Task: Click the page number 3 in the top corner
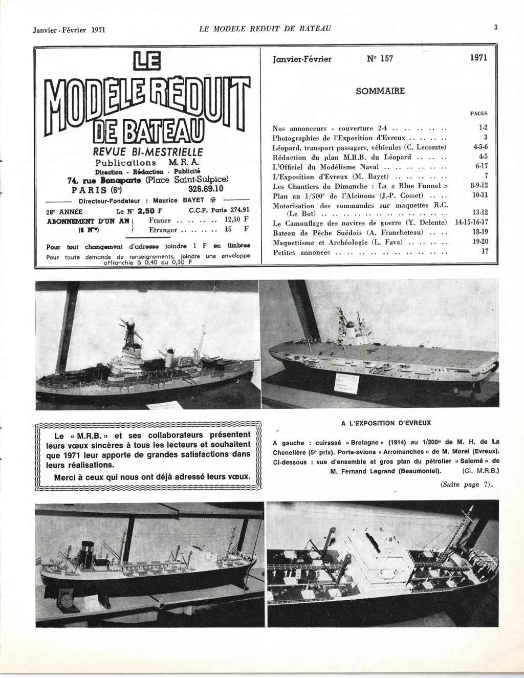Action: coord(495,28)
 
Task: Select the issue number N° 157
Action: coord(380,58)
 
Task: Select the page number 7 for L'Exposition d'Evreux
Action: coord(486,177)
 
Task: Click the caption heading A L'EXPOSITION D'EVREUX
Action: coord(386,423)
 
